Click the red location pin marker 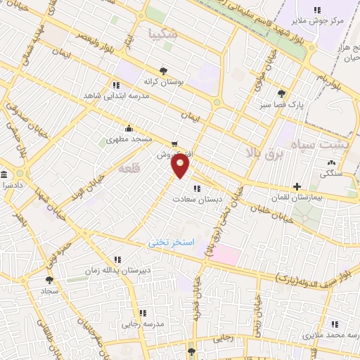pyautogui.click(x=181, y=165)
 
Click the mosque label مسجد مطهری pyautogui.click(x=129, y=139)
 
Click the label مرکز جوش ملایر pyautogui.click(x=321, y=20)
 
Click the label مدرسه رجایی pyautogui.click(x=143, y=323)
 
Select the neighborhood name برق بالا pyautogui.click(x=264, y=151)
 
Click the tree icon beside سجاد pyautogui.click(x=49, y=279)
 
